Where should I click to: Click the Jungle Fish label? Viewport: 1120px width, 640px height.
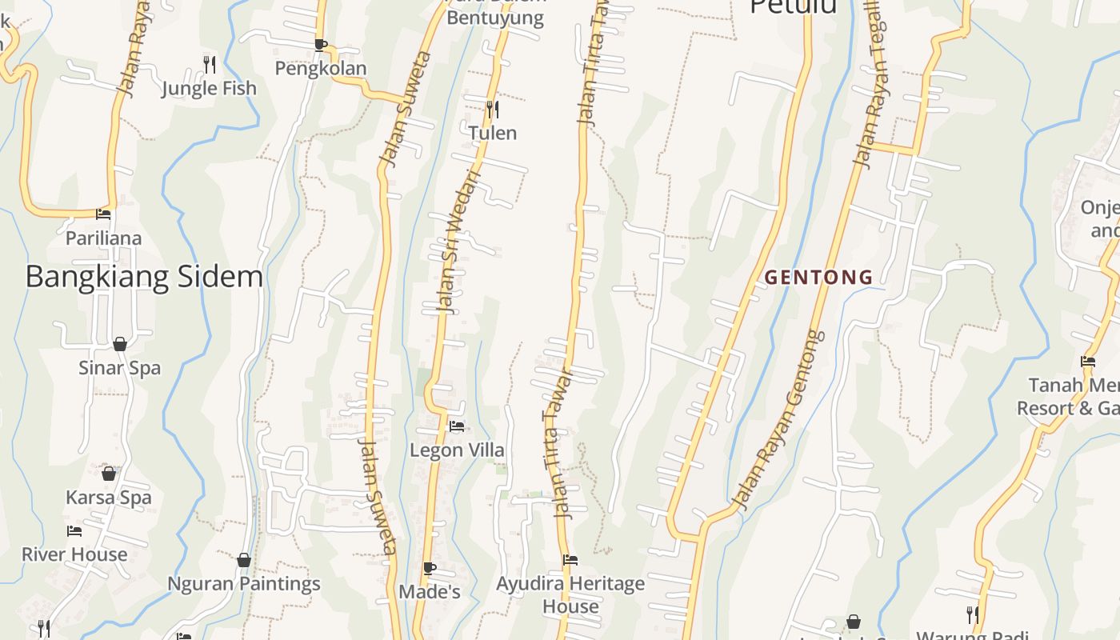(x=209, y=88)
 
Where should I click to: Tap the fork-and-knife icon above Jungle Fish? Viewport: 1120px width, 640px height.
(x=210, y=64)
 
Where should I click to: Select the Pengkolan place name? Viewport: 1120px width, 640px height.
(x=321, y=68)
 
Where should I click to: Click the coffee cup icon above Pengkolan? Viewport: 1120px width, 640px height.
(x=321, y=45)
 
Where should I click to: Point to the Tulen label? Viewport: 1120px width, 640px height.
(x=492, y=133)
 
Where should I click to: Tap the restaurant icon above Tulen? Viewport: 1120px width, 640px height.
(x=493, y=109)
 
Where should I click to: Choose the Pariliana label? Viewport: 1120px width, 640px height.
(x=103, y=238)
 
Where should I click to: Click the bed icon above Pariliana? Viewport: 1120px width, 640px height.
(x=103, y=214)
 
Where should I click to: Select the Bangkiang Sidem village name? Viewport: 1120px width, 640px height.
(x=144, y=276)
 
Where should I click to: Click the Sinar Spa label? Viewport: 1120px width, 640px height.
(x=119, y=368)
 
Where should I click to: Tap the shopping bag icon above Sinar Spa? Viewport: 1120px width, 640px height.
(x=120, y=344)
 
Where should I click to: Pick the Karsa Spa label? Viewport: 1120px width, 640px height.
(x=108, y=497)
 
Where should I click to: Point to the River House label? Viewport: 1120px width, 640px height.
(x=74, y=554)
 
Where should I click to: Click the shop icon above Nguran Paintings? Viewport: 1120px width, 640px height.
(x=244, y=560)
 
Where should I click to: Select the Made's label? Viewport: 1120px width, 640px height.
(x=430, y=592)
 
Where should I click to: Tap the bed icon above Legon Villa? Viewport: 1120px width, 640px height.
(x=457, y=426)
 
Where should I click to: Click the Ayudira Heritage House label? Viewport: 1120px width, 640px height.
(x=570, y=594)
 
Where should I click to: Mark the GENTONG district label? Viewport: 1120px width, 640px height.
(x=818, y=278)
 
